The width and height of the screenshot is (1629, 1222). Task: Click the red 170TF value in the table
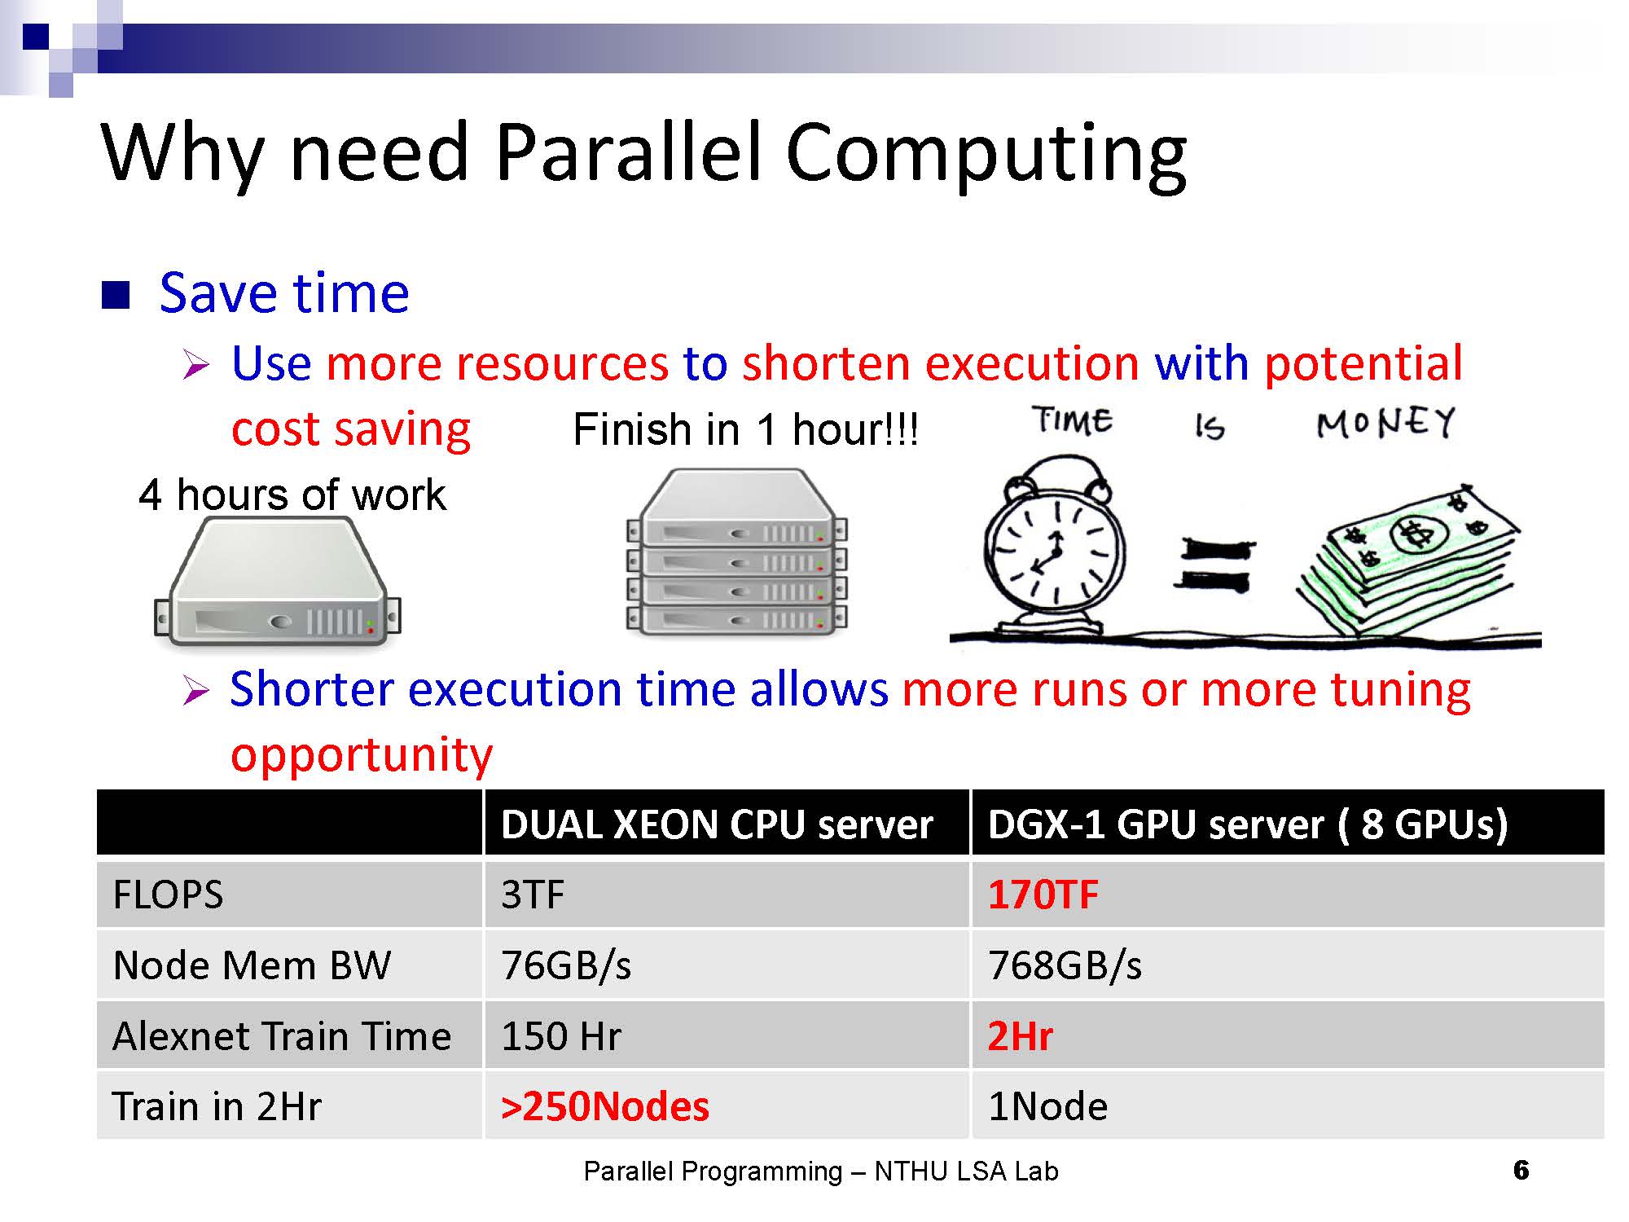[1043, 895]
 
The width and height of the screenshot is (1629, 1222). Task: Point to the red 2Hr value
[1020, 1036]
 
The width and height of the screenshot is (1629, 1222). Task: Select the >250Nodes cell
[605, 1106]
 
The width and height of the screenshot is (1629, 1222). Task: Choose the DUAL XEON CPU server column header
[717, 824]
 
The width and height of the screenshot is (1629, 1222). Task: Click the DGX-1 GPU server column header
[1248, 824]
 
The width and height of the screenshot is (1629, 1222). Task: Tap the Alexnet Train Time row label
[282, 1036]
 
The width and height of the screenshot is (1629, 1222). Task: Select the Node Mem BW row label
[252, 965]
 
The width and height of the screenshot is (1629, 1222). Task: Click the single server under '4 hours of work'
[277, 582]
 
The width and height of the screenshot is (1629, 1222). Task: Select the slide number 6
[1521, 1170]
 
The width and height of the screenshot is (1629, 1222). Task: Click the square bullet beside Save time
[116, 295]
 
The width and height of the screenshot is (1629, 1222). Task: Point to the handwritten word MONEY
[1385, 423]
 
